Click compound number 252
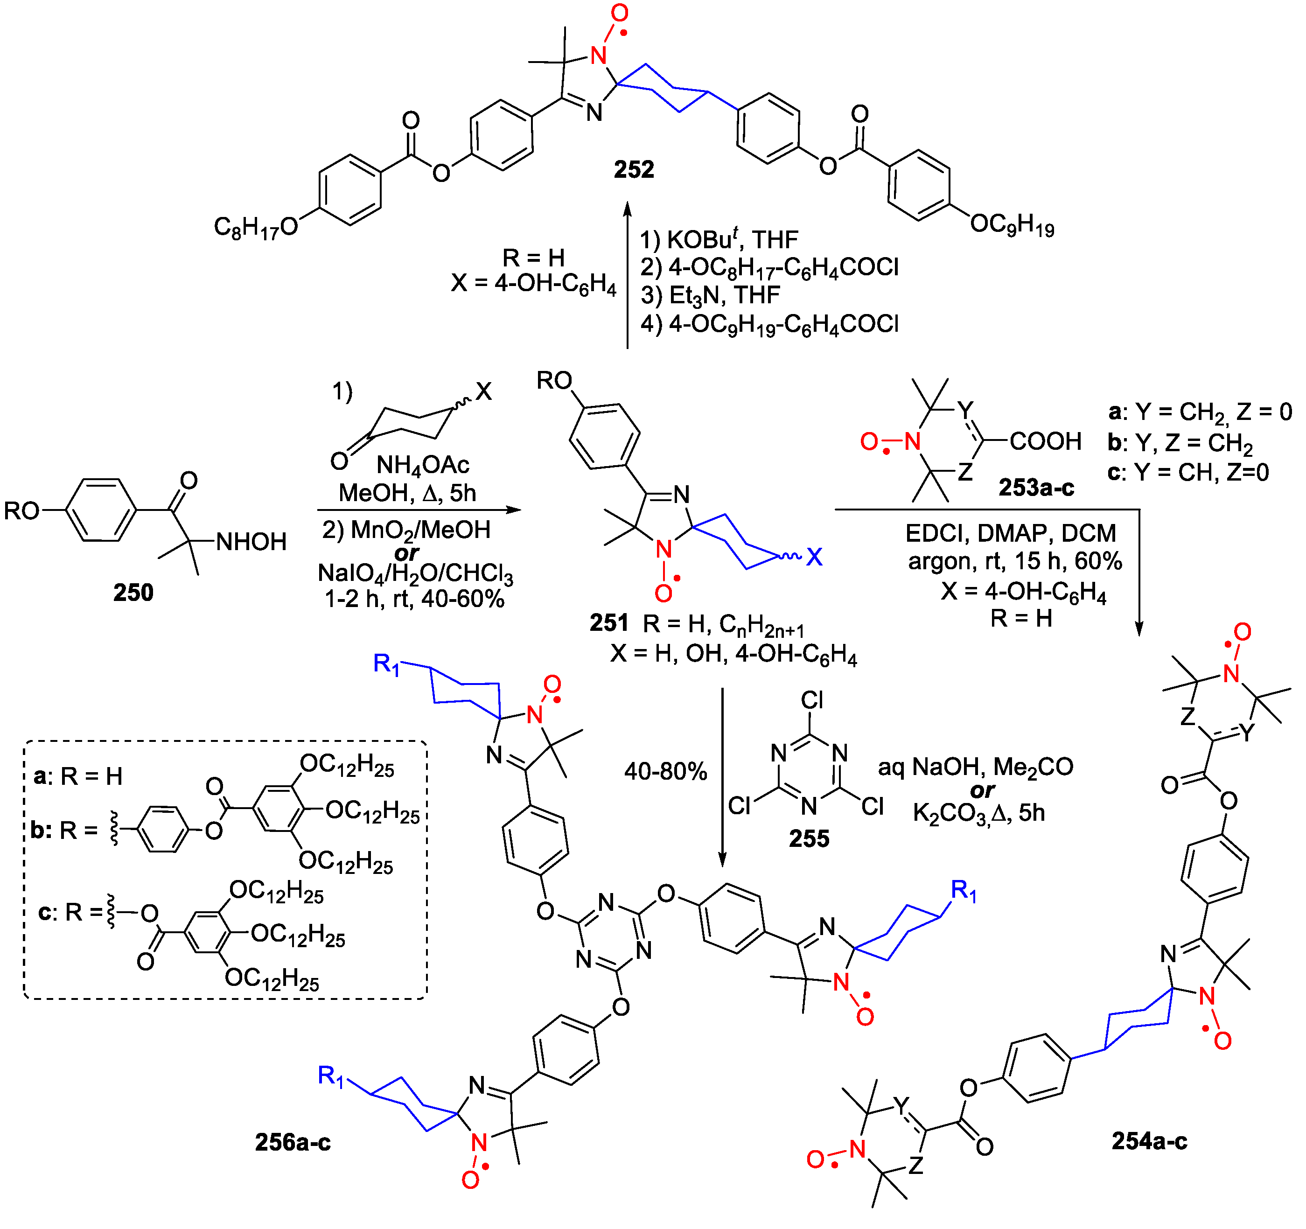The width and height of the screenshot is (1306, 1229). point(634,169)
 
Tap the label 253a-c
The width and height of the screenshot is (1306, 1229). point(1036,488)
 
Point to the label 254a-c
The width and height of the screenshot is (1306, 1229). point(1149,1141)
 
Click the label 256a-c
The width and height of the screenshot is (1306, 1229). point(293,1142)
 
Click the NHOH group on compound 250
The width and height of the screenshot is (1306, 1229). point(251,542)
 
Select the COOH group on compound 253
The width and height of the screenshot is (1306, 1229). point(1045,441)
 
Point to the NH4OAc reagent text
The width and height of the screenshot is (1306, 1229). point(422,466)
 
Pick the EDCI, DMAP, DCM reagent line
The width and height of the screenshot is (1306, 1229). point(1010,533)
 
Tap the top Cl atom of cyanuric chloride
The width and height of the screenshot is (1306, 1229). point(812,700)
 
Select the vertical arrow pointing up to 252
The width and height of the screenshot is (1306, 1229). point(628,276)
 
